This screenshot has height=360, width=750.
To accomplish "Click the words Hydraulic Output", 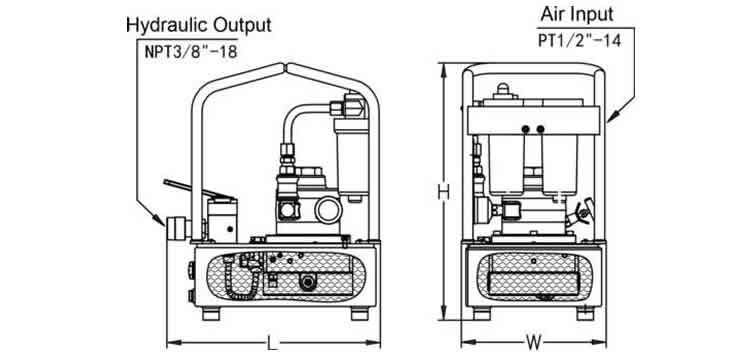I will pyautogui.click(x=198, y=23).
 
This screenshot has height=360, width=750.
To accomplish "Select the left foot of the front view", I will pyautogui.click(x=479, y=313).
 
